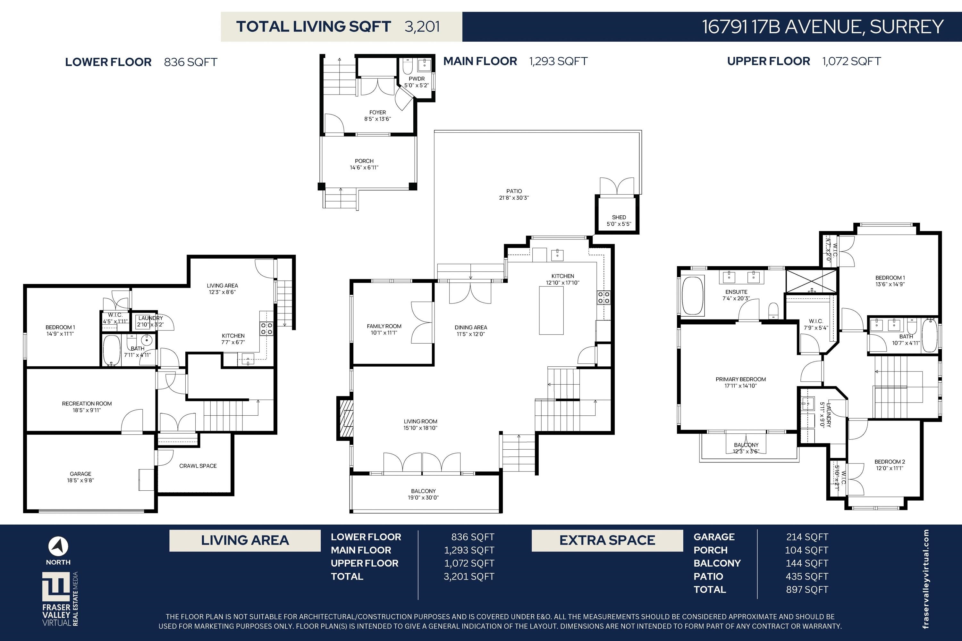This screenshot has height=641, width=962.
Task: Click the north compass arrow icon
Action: pos(58,546)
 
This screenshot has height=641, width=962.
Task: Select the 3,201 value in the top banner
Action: pos(422,27)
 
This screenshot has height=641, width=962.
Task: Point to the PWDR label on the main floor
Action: pos(416,79)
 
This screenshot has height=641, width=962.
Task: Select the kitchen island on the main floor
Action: pos(551,311)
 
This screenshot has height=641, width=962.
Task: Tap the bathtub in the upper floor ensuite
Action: pos(692,296)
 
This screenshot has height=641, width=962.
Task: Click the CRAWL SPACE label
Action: pos(198,466)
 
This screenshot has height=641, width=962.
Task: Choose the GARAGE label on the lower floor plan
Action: pos(80,474)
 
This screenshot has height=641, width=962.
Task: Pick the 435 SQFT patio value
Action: pos(806,576)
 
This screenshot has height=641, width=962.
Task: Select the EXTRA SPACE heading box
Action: pos(607,540)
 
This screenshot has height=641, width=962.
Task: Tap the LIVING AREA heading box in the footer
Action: pos(245,540)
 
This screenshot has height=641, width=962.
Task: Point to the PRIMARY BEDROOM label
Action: pos(741,379)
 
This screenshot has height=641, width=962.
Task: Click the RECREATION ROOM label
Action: pos(87,404)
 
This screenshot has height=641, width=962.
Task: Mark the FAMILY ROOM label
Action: pos(384,326)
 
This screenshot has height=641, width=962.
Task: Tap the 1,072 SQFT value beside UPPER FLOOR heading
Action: pos(852,61)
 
